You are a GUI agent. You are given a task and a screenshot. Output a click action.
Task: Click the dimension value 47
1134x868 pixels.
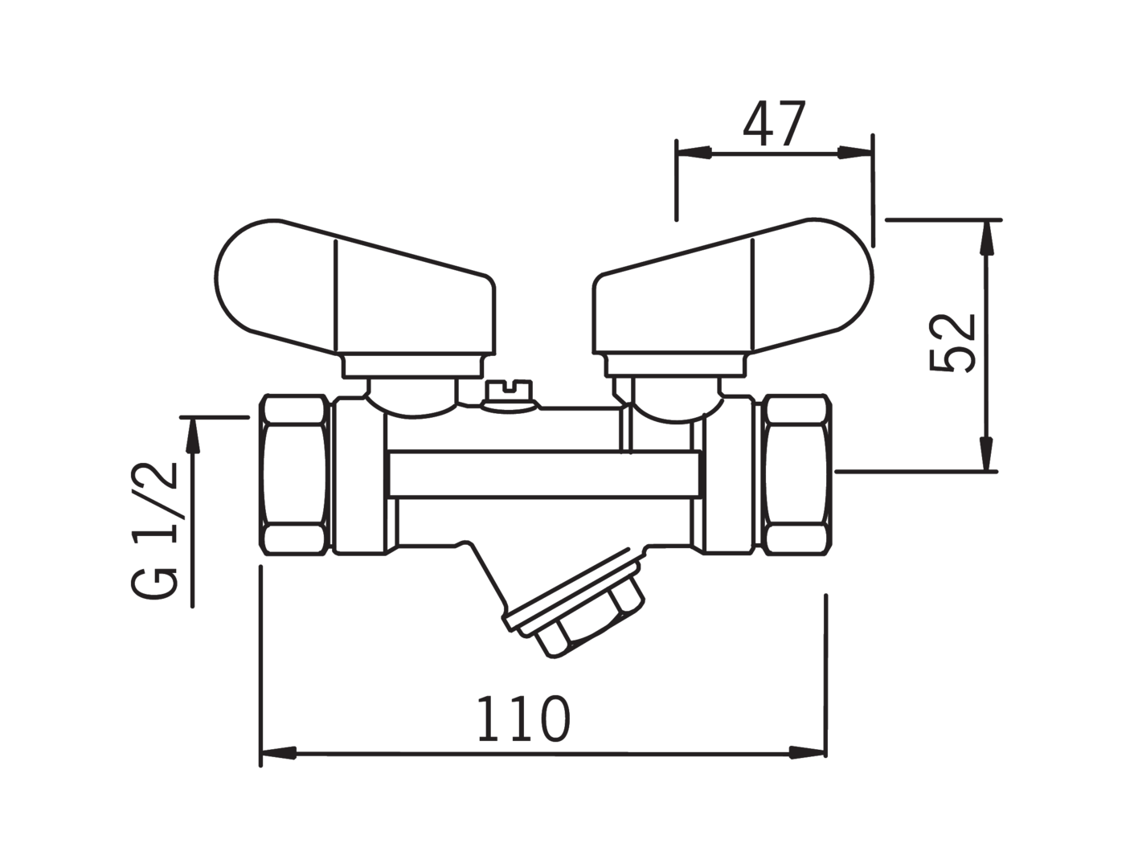click(775, 124)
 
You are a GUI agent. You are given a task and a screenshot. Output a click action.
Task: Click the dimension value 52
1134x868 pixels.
click(952, 343)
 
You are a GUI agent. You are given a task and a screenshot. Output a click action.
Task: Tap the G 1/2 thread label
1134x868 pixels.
click(154, 530)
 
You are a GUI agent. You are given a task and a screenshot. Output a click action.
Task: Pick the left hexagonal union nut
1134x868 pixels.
click(295, 475)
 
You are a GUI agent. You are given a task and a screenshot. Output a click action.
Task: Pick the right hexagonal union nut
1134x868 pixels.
click(798, 475)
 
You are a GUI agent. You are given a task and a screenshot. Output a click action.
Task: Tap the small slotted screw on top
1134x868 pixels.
click(509, 397)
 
